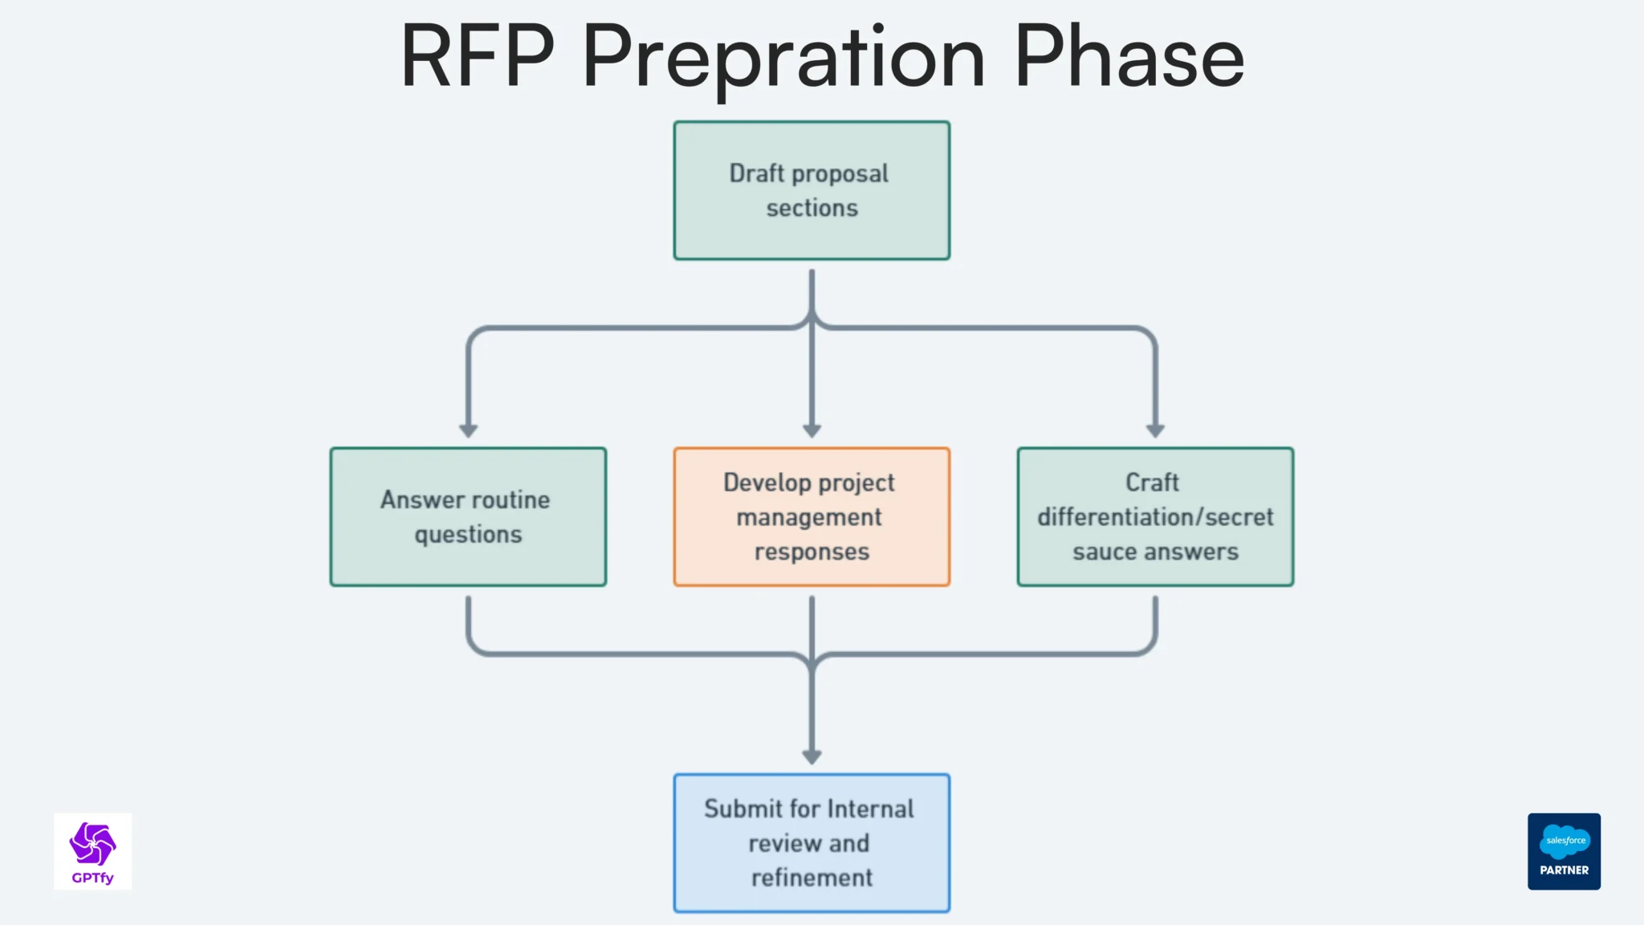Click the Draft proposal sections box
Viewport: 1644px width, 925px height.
point(812,190)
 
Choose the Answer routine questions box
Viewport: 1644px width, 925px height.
point(468,516)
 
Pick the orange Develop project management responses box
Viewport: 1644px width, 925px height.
point(812,516)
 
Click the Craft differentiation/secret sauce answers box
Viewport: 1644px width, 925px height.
point(1155,516)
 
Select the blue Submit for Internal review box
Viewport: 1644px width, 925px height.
point(812,842)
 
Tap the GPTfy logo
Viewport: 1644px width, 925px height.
point(92,851)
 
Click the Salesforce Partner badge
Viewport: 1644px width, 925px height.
point(1564,851)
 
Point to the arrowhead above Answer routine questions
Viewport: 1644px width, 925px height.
point(468,431)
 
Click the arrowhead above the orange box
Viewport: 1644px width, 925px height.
point(812,431)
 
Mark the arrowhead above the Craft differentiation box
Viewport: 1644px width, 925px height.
point(1155,431)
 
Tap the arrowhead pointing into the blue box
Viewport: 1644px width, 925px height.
point(812,757)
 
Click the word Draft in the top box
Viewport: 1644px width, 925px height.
point(756,173)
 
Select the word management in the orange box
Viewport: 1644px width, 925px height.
point(809,517)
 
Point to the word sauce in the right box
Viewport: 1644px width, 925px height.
point(1105,552)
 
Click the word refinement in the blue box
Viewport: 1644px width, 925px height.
point(812,878)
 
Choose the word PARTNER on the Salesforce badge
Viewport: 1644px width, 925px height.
point(1564,870)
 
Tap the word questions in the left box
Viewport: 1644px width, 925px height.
point(468,535)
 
